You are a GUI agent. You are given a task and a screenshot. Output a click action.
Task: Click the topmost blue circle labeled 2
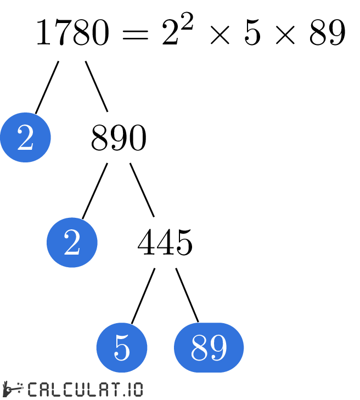tap(25, 137)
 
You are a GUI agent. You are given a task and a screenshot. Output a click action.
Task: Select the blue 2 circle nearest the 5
tap(72, 243)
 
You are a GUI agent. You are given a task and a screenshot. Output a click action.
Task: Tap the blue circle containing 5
tap(122, 347)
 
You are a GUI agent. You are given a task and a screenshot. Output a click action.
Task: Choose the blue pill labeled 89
tap(209, 347)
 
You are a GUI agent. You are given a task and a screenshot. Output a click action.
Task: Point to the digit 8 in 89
tap(199, 347)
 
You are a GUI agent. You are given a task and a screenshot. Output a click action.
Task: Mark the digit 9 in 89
tap(218, 347)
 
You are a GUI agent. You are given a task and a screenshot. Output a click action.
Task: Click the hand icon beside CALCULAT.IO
tap(12, 389)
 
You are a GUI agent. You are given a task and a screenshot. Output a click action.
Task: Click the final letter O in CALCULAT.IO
tap(137, 390)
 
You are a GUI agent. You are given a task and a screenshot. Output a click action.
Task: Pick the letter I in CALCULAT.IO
tap(127, 390)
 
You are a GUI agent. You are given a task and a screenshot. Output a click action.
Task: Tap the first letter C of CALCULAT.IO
tap(33, 390)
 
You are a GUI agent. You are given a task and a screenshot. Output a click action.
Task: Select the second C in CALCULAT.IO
tap(66, 390)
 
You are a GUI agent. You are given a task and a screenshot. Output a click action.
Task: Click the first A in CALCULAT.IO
tap(44, 390)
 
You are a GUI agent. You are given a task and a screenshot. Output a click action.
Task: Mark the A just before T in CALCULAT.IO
tap(100, 390)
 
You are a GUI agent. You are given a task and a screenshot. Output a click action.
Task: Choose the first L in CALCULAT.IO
tap(55, 390)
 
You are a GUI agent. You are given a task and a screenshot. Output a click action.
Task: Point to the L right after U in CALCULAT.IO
tap(88, 390)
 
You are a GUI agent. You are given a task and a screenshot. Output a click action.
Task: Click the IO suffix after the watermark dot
tap(132, 390)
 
